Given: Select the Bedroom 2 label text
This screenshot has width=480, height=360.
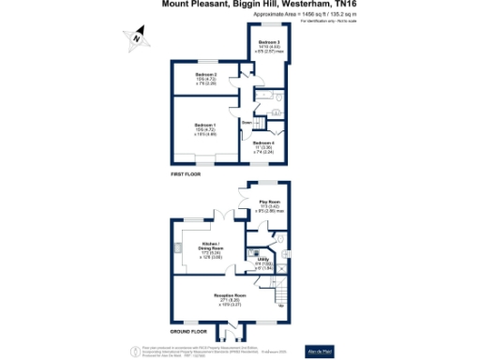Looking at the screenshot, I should point(206,76).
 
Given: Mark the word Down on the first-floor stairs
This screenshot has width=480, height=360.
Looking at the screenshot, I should point(247,121).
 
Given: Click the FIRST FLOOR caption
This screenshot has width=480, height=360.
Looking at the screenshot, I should point(186,174).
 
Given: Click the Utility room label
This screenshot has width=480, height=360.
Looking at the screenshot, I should point(265,263).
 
